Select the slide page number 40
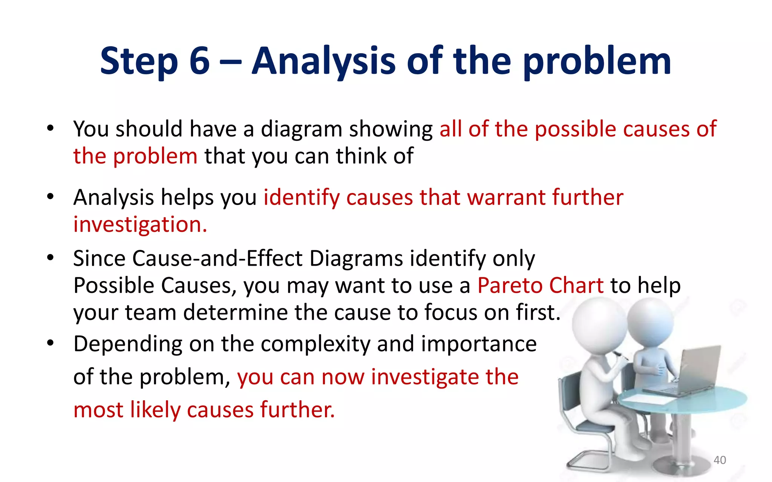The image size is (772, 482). [x=720, y=460]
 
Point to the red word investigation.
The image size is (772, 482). [x=140, y=225]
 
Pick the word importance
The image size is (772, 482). [x=479, y=344]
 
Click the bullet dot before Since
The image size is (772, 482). [x=51, y=258]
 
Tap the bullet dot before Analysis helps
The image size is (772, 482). [x=51, y=197]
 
